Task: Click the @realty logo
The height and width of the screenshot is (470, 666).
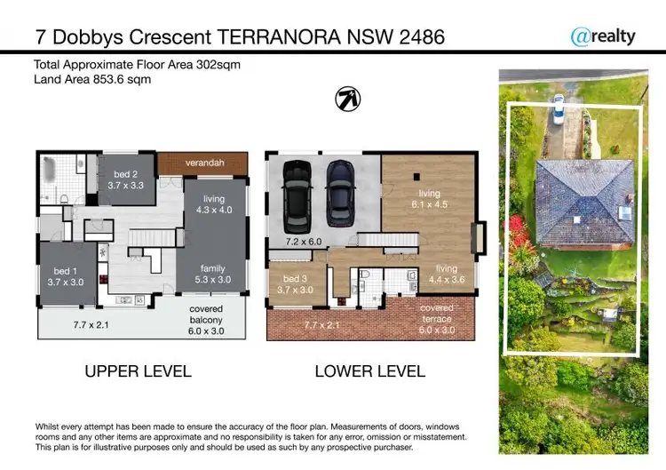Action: point(603,36)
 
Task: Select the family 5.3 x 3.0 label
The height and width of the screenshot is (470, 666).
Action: point(212,275)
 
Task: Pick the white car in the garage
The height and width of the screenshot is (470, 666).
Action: point(296,194)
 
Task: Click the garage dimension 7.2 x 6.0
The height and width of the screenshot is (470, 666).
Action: point(303,242)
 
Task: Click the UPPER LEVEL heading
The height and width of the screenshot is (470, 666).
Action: point(138,370)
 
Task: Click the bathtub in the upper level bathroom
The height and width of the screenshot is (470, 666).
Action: point(49,166)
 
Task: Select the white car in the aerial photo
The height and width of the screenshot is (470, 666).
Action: point(559,108)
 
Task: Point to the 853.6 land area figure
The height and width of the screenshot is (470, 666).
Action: point(112,79)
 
